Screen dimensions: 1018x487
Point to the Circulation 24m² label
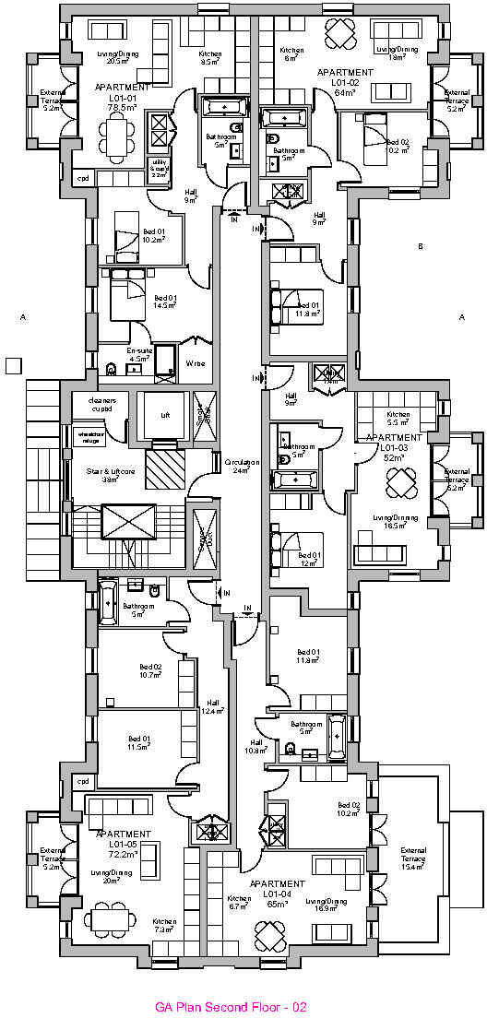pos(243,466)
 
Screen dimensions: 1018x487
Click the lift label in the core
pos(165,416)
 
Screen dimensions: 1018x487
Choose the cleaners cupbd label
pos(102,404)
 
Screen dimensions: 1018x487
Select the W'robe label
pos(196,363)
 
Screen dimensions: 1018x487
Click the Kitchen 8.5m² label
pos(210,58)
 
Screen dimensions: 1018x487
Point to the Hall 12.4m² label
pos(213,705)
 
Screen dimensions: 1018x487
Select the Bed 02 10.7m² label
pos(150,670)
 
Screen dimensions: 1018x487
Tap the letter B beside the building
pos(420,246)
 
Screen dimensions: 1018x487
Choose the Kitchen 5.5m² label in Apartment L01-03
pos(398,419)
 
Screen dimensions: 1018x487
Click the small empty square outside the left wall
pos(13,365)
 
